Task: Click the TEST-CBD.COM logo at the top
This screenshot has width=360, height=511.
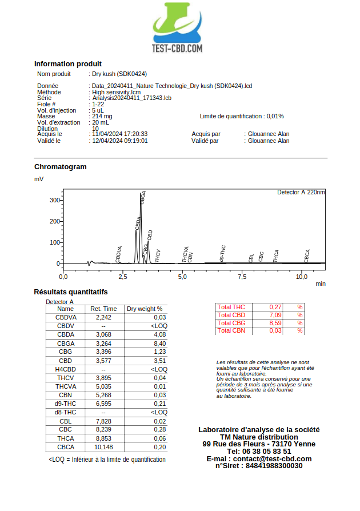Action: pyautogui.click(x=177, y=29)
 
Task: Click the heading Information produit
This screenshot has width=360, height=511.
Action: pyautogui.click(x=68, y=64)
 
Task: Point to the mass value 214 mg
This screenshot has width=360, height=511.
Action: pyautogui.click(x=102, y=116)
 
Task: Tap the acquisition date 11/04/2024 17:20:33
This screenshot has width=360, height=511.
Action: pyautogui.click(x=120, y=134)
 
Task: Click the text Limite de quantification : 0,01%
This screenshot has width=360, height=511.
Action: pyautogui.click(x=242, y=116)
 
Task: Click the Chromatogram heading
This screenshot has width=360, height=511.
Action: pyautogui.click(x=61, y=167)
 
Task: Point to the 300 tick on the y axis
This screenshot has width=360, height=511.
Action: pyautogui.click(x=55, y=200)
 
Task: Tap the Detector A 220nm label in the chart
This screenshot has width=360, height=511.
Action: pyautogui.click(x=301, y=192)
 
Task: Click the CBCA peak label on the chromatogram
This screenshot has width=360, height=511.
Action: pyautogui.click(x=307, y=255)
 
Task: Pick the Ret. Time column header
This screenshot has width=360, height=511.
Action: pyautogui.click(x=103, y=309)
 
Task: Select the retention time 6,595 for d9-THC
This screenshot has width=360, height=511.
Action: pyautogui.click(x=103, y=404)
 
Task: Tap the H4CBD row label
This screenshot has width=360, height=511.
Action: pyautogui.click(x=65, y=369)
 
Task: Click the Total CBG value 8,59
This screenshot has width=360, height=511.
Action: pyautogui.click(x=276, y=323)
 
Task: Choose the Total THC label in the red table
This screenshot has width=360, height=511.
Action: pyautogui.click(x=231, y=308)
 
